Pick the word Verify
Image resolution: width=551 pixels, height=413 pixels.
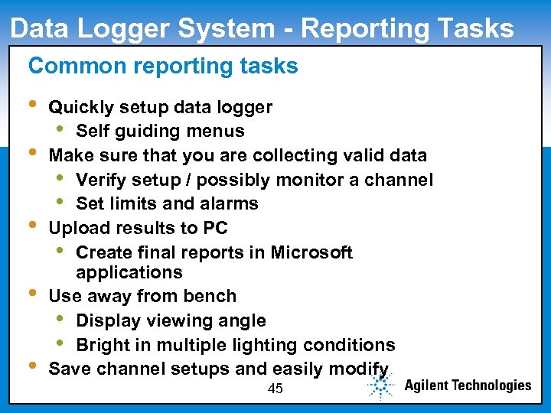click(x=105, y=180)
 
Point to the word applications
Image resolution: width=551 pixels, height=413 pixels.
click(x=129, y=272)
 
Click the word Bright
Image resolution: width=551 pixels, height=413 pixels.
click(x=103, y=345)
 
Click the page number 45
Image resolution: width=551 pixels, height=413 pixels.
click(x=275, y=389)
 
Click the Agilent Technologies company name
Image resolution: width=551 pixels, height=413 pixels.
click(x=468, y=385)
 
